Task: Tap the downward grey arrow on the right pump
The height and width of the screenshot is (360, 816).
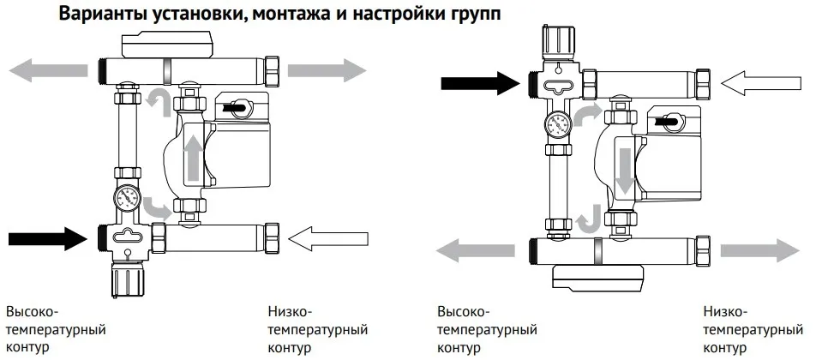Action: (625, 165)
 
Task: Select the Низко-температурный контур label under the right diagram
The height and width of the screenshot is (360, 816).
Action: (750, 329)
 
